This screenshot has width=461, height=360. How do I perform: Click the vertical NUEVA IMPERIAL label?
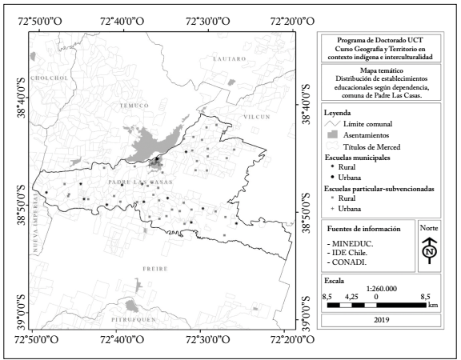pyautogui.click(x=37, y=230)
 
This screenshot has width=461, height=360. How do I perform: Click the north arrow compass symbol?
pyautogui.click(x=430, y=250)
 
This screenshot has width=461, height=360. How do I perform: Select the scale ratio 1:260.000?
pyautogui.click(x=381, y=292)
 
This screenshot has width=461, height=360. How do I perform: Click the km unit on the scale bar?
pyautogui.click(x=432, y=305)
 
